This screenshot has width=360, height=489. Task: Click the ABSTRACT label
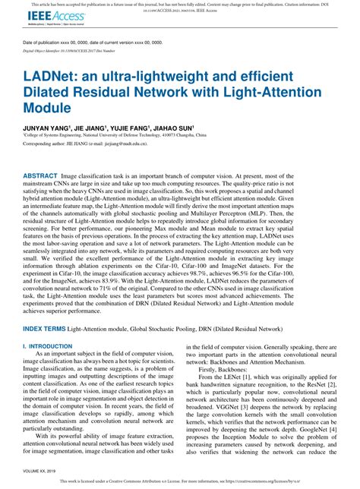[43, 175]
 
